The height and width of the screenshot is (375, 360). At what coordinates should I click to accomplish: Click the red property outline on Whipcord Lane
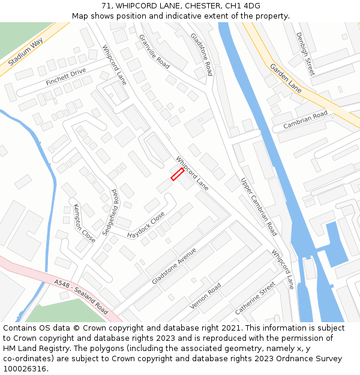click(x=177, y=174)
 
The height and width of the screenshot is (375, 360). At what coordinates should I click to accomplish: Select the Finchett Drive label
click(x=65, y=77)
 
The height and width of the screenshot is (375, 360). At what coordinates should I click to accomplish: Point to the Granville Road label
click(x=154, y=50)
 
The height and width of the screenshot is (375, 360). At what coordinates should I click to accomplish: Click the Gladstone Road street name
click(x=202, y=54)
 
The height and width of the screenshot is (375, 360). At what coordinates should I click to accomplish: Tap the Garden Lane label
click(x=286, y=78)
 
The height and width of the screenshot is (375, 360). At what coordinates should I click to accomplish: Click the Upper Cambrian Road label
click(x=259, y=206)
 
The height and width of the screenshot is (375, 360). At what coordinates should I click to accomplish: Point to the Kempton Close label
click(x=84, y=223)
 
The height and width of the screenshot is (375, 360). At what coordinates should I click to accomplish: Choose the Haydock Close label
click(x=146, y=224)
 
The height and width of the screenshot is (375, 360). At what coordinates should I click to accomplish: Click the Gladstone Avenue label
click(x=174, y=266)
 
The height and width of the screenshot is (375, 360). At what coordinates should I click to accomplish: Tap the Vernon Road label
click(x=205, y=296)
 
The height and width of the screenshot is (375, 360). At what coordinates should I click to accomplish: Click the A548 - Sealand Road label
click(x=80, y=296)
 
